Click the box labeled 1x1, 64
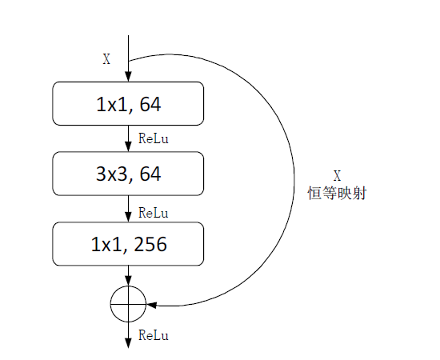[x=128, y=103]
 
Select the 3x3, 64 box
[x=128, y=174]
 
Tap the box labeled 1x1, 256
[x=128, y=244]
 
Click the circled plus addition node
[x=128, y=304]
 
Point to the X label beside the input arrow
[x=106, y=59]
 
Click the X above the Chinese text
[x=338, y=176]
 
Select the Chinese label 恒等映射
[x=337, y=194]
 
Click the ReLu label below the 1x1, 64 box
[x=154, y=138]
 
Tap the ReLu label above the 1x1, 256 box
[x=154, y=213]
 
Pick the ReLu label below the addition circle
[x=154, y=335]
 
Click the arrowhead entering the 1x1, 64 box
[x=128, y=77]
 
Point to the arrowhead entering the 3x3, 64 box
[x=128, y=146]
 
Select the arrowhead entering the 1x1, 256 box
[x=128, y=217]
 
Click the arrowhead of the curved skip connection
[x=151, y=305]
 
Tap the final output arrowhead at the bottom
[x=128, y=343]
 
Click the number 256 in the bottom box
[x=150, y=244]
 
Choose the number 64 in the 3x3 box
[x=150, y=174]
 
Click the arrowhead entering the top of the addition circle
[x=128, y=281]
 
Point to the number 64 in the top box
[x=150, y=104]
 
